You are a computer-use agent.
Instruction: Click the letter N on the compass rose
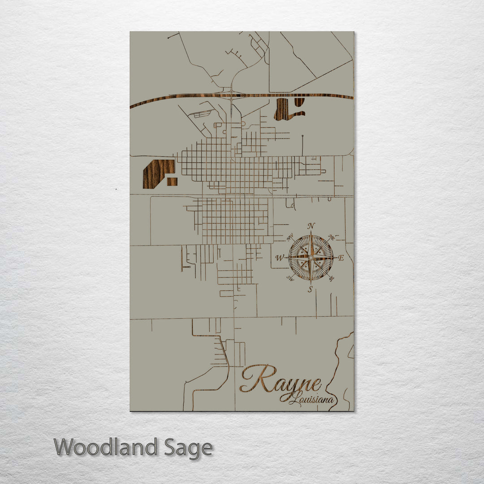[x=311, y=225]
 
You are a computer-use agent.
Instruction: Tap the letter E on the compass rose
[x=341, y=258]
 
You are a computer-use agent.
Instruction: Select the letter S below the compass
[x=310, y=290]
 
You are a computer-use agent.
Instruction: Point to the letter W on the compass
[x=280, y=258]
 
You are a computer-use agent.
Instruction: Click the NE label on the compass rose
[x=332, y=237]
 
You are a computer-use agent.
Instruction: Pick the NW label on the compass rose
[x=290, y=236]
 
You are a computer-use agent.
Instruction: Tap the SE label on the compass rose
[x=332, y=279]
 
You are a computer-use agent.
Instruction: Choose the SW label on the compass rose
[x=290, y=279]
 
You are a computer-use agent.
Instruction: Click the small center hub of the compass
[x=311, y=258]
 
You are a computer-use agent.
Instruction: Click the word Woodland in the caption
[x=106, y=447]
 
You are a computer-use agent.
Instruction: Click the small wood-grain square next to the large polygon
[x=172, y=181]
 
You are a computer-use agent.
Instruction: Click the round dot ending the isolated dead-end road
[x=302, y=136]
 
